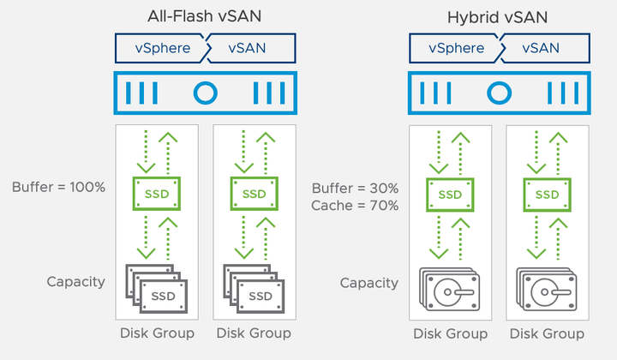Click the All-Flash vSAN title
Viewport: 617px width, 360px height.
(205, 16)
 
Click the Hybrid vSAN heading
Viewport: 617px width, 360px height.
(497, 16)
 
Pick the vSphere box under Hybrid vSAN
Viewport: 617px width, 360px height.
(455, 48)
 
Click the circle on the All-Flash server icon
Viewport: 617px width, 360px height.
(205, 93)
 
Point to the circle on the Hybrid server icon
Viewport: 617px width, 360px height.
(498, 93)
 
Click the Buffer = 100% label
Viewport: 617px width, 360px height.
(59, 186)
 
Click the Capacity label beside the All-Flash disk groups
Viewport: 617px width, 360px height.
(77, 281)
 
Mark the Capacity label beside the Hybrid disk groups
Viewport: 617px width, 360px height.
(369, 282)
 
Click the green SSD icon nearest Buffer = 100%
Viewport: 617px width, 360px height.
(157, 194)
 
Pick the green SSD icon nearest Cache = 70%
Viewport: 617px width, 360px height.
(450, 194)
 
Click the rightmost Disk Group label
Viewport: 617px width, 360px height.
(547, 333)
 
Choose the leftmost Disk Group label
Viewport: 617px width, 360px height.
(157, 333)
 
